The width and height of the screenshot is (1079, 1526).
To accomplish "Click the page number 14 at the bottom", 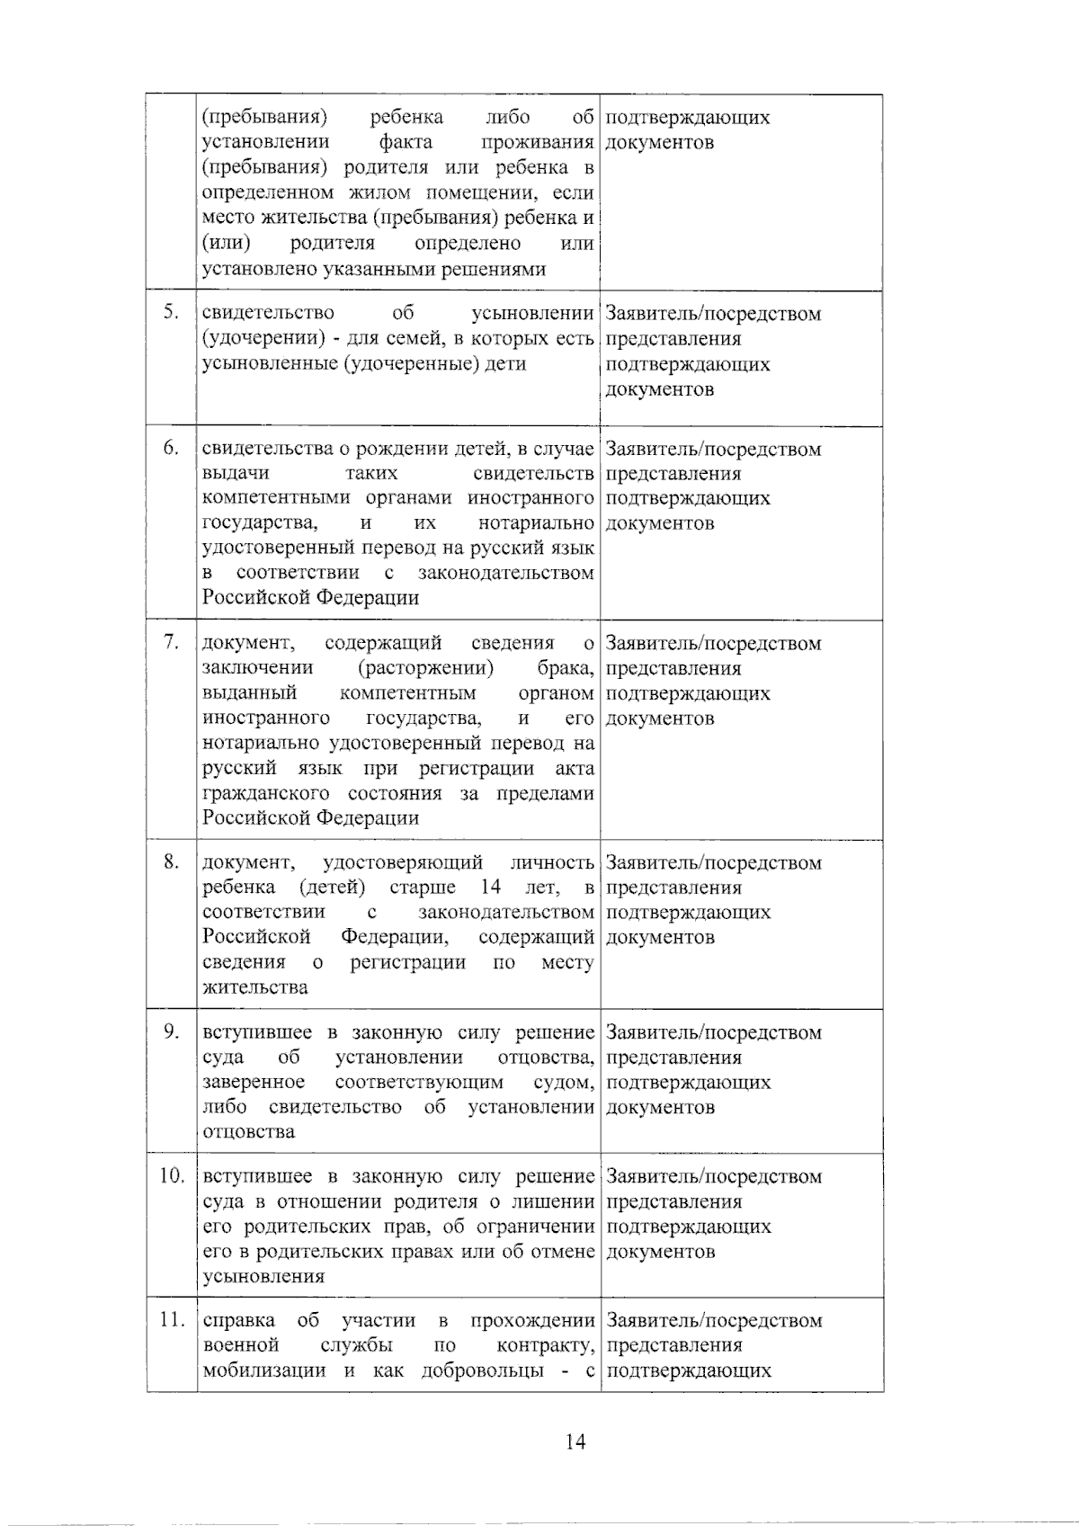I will click(575, 1442).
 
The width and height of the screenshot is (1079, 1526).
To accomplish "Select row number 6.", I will click(171, 448).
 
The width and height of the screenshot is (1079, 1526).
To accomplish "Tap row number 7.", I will click(171, 643).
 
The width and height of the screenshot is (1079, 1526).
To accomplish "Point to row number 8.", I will click(171, 861).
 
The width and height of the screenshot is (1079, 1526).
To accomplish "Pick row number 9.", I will click(171, 1031).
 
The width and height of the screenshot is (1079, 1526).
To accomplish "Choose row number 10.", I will click(172, 1175).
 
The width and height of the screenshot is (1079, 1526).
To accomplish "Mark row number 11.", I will click(172, 1320).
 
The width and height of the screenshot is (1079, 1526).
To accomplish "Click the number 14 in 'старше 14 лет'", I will click(490, 888).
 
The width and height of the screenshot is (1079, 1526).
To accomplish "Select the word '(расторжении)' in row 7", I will click(425, 668).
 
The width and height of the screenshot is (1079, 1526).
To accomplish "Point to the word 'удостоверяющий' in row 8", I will click(403, 862).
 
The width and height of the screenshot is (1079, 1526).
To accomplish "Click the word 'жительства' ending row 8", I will click(255, 987).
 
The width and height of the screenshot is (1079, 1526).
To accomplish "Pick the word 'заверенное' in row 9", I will click(254, 1082).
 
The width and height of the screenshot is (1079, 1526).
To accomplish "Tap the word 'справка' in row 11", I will click(239, 1320).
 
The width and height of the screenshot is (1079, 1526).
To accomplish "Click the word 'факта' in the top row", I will click(406, 142).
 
